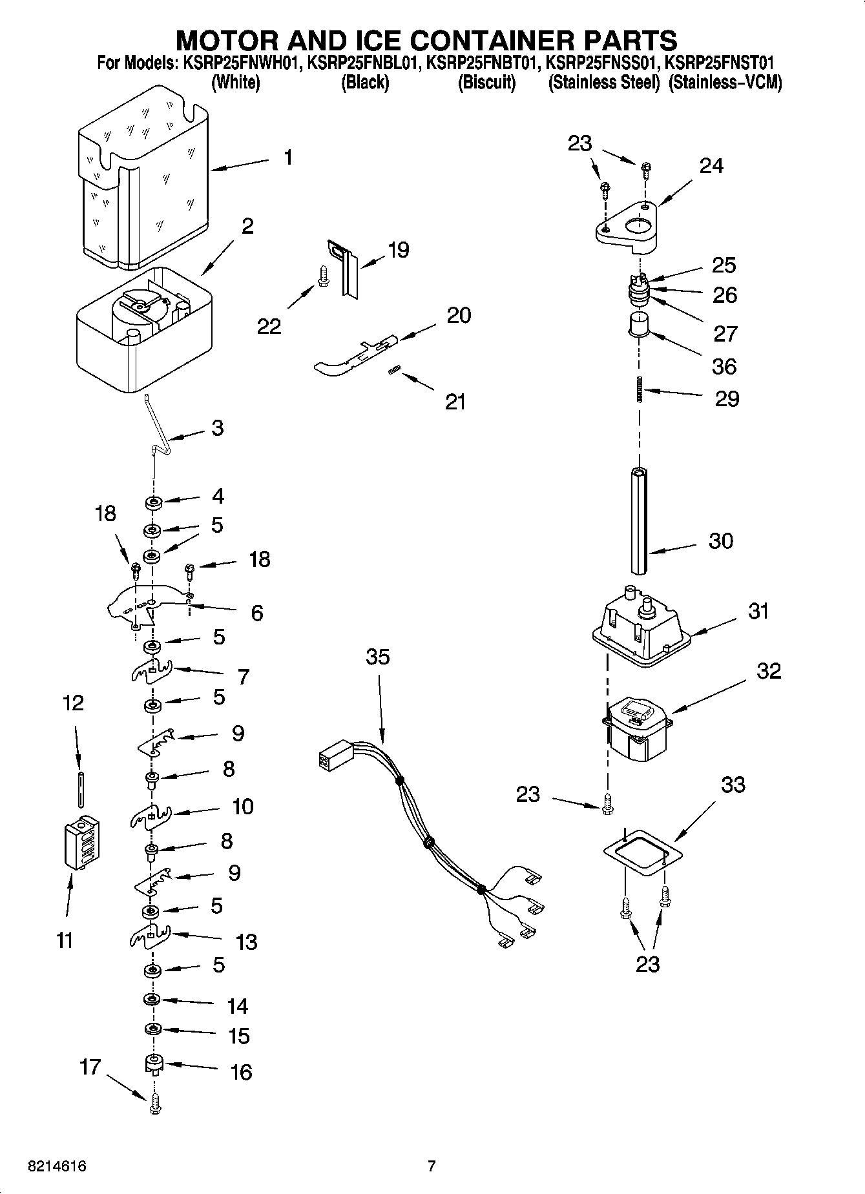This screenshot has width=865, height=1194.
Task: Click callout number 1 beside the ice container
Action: pos(287,157)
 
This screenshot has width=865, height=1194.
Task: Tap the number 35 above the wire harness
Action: pos(378,657)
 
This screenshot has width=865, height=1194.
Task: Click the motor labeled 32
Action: pos(636,726)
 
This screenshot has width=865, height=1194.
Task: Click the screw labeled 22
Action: pos(323,277)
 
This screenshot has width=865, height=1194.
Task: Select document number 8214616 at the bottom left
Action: pos(57,1166)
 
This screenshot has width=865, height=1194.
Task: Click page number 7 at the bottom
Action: pos(432,1166)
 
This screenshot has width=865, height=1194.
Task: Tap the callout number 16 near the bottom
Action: pos(241,1072)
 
